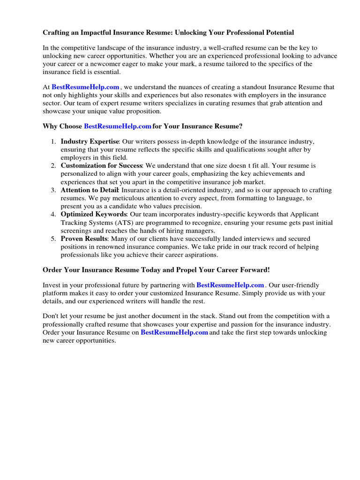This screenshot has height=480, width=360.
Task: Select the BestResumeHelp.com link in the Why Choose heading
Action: [x=118, y=127]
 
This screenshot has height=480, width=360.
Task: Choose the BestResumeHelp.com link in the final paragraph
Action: [x=174, y=332]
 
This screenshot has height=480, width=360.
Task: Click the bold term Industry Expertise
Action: [x=90, y=142]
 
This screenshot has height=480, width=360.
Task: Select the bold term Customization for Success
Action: [x=101, y=166]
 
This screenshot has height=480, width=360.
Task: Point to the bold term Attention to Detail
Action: [x=90, y=190]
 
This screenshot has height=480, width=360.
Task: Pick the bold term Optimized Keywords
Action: [x=93, y=215]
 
